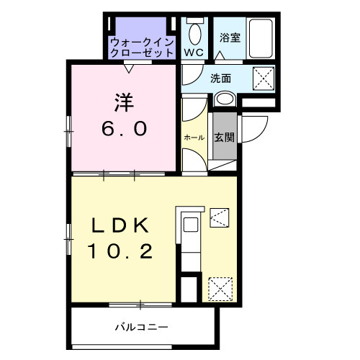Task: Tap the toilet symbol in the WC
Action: [194, 32]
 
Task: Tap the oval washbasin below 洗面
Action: [225, 99]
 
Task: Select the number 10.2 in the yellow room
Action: [121, 252]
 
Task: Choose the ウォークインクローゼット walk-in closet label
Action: [141, 48]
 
